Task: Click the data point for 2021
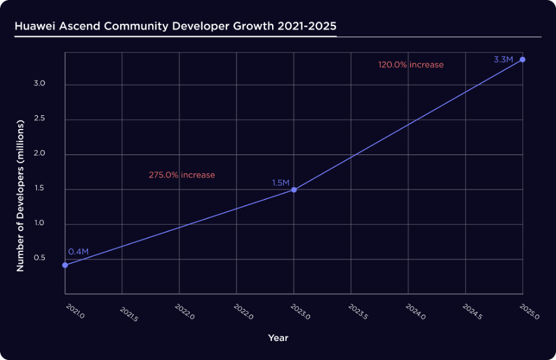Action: tap(65, 265)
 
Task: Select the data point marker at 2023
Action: tap(294, 190)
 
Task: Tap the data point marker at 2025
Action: tap(523, 59)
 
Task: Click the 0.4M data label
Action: tap(78, 252)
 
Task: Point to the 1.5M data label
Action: tap(281, 183)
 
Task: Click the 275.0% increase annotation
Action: tap(182, 175)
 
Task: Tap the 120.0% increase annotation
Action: tap(411, 65)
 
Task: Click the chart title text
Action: tap(175, 27)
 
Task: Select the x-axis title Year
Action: tap(278, 338)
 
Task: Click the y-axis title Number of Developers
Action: tap(20, 195)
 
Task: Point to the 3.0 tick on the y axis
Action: tap(40, 84)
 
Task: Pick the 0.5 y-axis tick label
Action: tap(40, 259)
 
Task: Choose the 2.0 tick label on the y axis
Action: tap(40, 154)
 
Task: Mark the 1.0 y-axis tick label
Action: tap(40, 224)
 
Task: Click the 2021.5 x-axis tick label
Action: tap(129, 314)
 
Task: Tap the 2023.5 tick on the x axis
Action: tap(358, 314)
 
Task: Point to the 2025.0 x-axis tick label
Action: tap(529, 312)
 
